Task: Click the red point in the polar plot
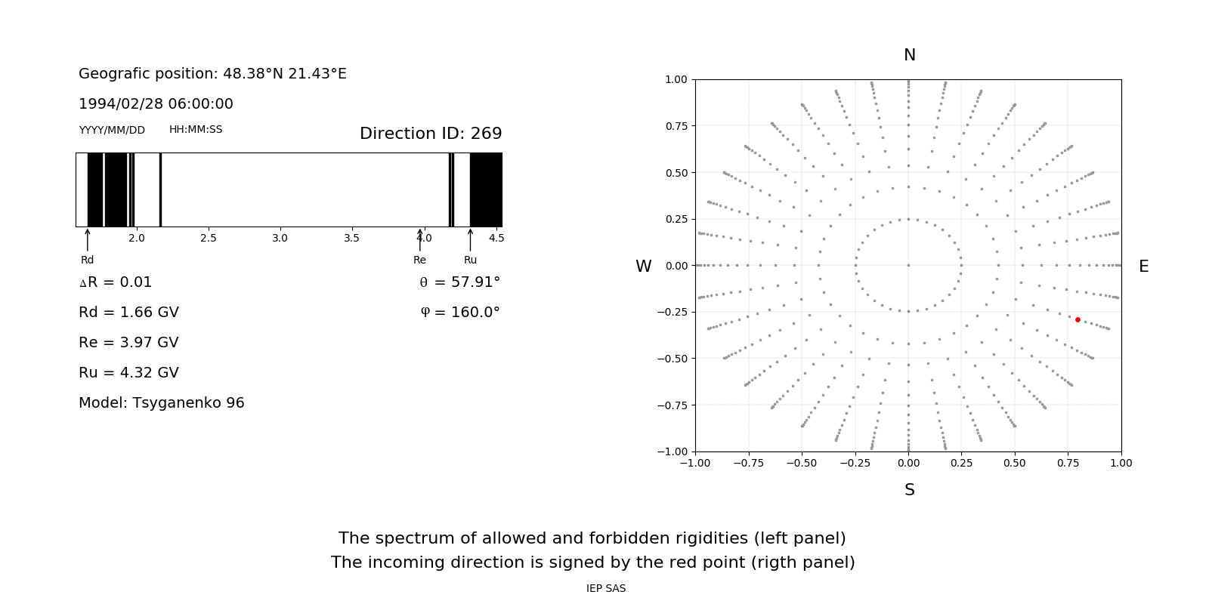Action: (x=1078, y=319)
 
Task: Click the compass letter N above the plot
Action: (x=910, y=55)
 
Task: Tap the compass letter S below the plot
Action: (x=910, y=490)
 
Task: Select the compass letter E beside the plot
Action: (x=1143, y=267)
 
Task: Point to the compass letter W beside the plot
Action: (x=643, y=267)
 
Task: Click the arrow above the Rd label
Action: (x=88, y=239)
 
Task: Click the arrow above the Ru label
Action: (x=470, y=239)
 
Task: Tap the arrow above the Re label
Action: (x=420, y=239)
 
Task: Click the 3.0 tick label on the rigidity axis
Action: (x=280, y=239)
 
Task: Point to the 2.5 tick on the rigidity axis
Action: (x=208, y=239)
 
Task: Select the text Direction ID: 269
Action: (x=431, y=134)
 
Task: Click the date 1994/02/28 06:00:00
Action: (x=156, y=104)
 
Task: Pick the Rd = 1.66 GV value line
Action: (x=128, y=313)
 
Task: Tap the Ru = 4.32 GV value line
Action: (x=128, y=373)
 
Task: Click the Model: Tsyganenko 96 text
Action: (x=162, y=403)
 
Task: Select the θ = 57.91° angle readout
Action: (x=459, y=282)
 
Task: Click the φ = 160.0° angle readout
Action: (x=459, y=313)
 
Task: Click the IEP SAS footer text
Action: (x=605, y=589)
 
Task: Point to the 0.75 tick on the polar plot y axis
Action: (x=676, y=126)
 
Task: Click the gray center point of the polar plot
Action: (x=908, y=265)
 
